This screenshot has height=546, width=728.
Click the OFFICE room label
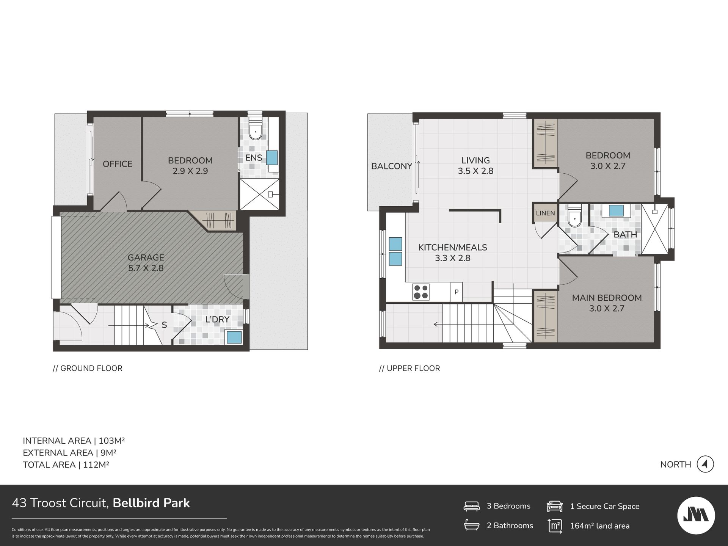(118, 164)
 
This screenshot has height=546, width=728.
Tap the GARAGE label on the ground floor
(146, 257)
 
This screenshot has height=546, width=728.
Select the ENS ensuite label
(254, 158)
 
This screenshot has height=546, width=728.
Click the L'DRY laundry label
(217, 320)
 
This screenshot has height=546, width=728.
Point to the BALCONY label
(392, 166)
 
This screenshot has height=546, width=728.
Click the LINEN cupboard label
(546, 213)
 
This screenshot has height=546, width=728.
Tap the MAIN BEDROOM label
(607, 298)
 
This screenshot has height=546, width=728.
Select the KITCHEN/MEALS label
(453, 248)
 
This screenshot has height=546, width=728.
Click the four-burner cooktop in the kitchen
(421, 292)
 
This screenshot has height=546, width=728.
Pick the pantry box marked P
(457, 292)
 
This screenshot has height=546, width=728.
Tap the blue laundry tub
(234, 337)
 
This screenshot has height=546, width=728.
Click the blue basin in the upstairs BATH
(616, 211)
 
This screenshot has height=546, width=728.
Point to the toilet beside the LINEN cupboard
(575, 217)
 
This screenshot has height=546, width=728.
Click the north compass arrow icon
(705, 464)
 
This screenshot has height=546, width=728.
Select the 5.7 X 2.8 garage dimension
(146, 268)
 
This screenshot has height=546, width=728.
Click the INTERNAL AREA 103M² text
(74, 441)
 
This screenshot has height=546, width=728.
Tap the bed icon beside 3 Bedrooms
(472, 506)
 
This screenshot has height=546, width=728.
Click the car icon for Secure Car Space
(554, 506)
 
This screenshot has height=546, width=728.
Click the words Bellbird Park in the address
(151, 503)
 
